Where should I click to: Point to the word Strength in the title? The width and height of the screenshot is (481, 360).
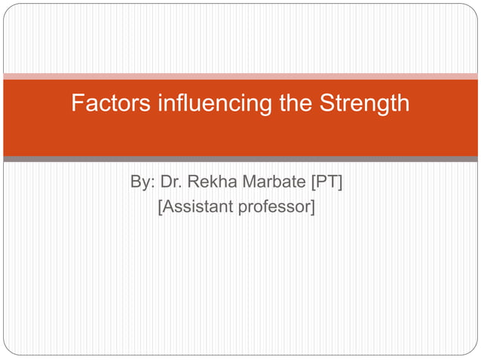pos(365,103)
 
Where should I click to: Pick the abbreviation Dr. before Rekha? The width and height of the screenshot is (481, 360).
pos(171,182)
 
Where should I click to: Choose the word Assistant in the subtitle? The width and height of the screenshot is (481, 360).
pos(198,205)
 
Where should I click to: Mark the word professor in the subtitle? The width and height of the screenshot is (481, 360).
pos(273,205)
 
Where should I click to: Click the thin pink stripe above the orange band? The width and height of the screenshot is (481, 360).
pos(240,76)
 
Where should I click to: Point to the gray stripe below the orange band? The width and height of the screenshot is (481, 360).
pos(240,159)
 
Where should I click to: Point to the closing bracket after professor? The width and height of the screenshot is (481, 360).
pos(311,206)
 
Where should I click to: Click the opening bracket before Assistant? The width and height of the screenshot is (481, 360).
pos(160,206)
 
